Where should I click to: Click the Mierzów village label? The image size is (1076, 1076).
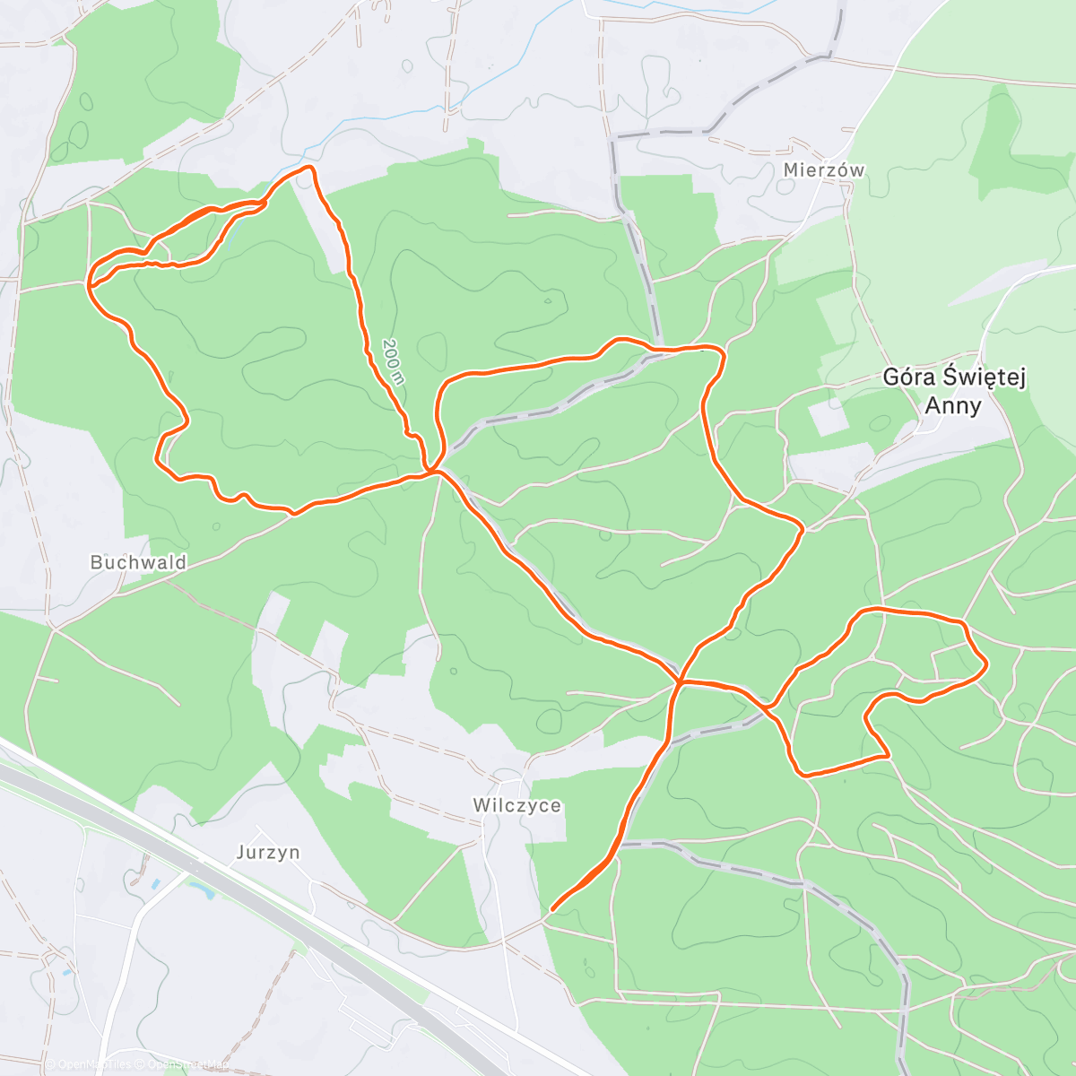point(823,170)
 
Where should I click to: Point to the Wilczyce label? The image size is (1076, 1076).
point(517,805)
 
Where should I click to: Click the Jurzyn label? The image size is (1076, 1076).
point(268,852)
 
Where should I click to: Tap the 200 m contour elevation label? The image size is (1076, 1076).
point(394,360)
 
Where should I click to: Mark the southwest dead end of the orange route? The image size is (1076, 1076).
point(551,909)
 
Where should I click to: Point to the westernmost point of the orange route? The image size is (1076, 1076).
point(89,284)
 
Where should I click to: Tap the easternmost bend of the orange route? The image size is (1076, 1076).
point(986,664)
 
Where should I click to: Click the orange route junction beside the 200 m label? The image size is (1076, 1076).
point(433,470)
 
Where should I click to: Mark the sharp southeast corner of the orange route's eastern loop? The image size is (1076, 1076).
point(889,756)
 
